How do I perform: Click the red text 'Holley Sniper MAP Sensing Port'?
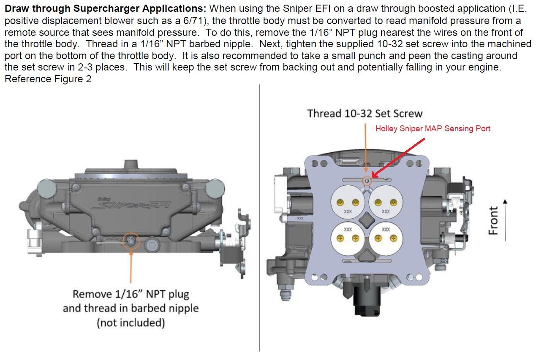433,129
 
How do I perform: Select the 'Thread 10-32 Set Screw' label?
365,113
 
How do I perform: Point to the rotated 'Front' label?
494,219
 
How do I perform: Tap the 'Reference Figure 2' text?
48,79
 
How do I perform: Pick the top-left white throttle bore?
348,202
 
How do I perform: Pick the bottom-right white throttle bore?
385,238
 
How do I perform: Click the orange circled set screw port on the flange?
367,181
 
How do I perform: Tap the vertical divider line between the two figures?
259,219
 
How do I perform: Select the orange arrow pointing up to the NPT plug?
131,266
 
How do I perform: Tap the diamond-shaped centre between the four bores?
367,219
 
